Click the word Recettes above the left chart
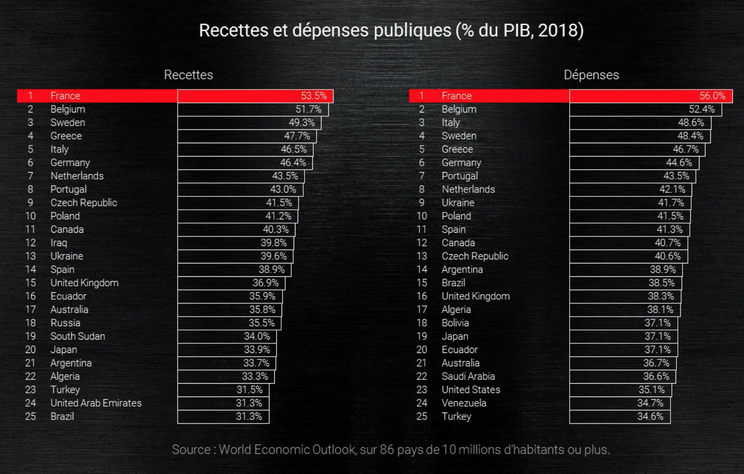[188, 75]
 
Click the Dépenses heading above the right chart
[591, 75]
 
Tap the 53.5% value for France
[314, 96]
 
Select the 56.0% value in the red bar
[712, 96]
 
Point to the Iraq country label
[58, 243]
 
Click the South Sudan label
[77, 336]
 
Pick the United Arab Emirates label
[96, 403]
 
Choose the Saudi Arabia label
[468, 376]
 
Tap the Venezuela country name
[464, 403]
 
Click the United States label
[471, 390]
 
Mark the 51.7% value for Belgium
[308, 109]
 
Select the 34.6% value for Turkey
[650, 416]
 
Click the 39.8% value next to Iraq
[273, 243]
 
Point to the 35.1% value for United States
[651, 390]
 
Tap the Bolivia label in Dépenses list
[455, 323]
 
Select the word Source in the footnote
[191, 450]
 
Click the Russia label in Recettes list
[65, 323]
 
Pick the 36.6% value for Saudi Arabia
[656, 376]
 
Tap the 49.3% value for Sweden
[301, 122]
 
